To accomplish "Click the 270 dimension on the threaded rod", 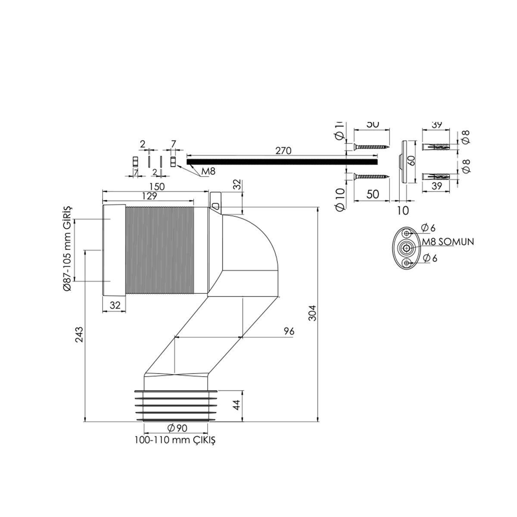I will coord(284,151).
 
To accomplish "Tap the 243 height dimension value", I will coord(79,334).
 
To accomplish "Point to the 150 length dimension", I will coord(157,187).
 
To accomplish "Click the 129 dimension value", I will coord(148,196).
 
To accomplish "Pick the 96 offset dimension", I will coord(289,331).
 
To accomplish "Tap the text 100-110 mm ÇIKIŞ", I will coord(174,440).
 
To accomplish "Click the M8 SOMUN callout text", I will coord(448,242).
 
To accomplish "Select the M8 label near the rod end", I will coord(208,172).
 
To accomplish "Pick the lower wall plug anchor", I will coord(439,177).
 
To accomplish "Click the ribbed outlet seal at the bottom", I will coord(176,405).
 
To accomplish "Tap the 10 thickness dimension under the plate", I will coord(402,210).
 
